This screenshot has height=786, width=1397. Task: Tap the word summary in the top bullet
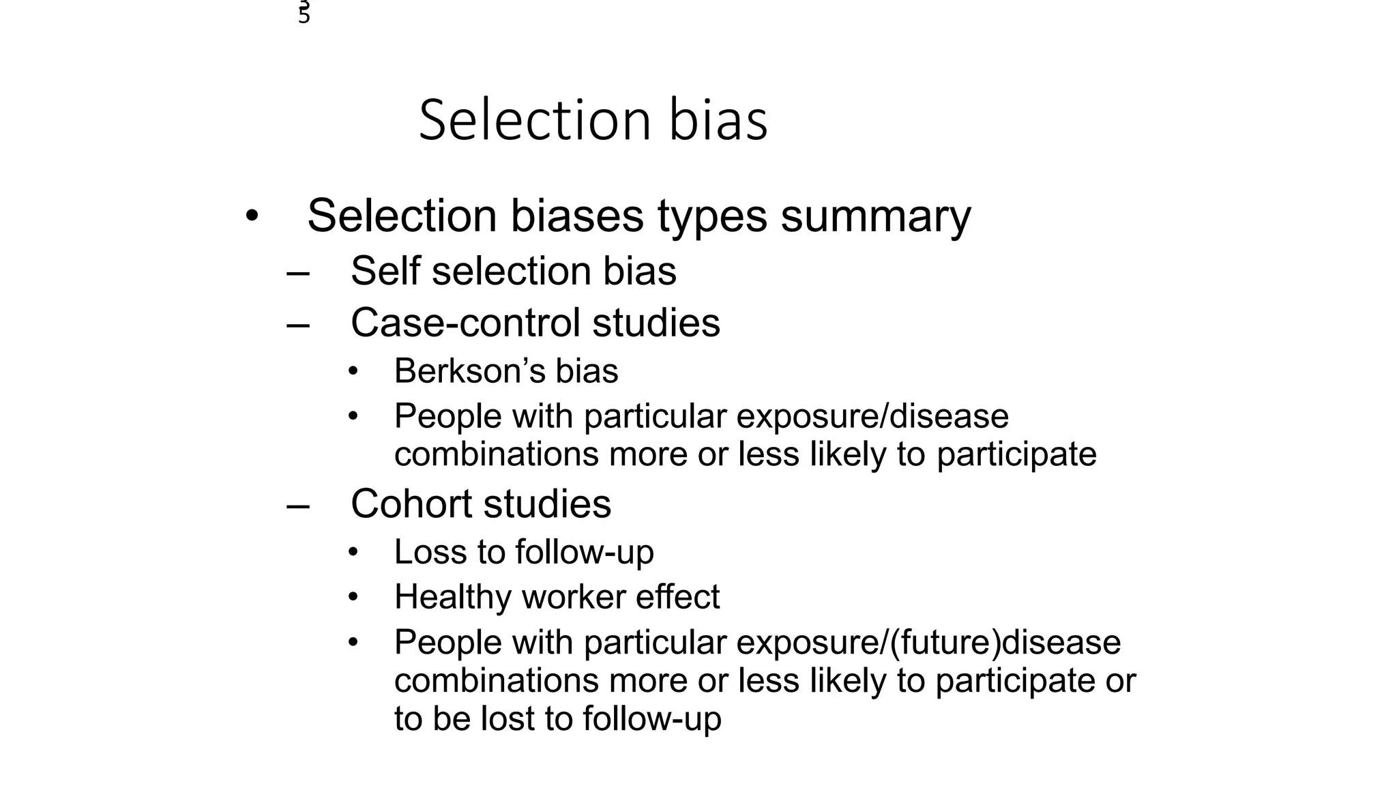(x=876, y=217)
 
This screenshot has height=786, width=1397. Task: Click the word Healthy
(x=452, y=597)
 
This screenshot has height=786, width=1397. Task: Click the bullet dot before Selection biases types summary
(x=252, y=217)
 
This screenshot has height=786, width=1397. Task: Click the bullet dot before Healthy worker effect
(x=353, y=597)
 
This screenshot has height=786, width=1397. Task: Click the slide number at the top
(x=304, y=12)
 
